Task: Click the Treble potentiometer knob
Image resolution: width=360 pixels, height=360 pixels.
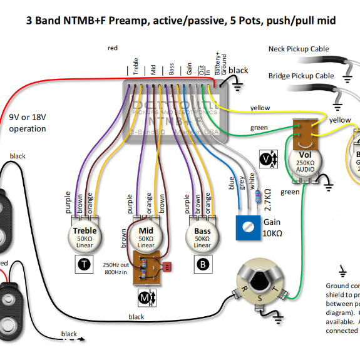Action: click(x=85, y=236)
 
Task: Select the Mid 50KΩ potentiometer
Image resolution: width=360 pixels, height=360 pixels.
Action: click(x=146, y=236)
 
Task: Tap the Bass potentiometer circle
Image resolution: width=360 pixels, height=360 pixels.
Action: click(x=202, y=236)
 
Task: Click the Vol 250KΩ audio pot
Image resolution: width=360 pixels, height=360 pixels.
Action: click(x=305, y=159)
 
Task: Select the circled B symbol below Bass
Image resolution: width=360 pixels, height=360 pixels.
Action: click(x=203, y=264)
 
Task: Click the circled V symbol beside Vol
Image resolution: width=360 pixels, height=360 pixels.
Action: click(x=268, y=159)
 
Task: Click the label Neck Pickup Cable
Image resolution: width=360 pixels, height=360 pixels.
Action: click(x=299, y=49)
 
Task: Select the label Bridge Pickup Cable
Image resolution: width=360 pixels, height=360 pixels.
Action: click(x=301, y=75)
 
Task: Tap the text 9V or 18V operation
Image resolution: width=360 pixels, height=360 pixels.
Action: click(x=28, y=123)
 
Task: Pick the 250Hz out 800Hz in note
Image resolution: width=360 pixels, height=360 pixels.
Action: click(x=116, y=267)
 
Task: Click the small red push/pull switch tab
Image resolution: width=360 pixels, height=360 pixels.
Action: click(x=167, y=267)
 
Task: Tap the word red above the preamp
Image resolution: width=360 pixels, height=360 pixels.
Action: click(x=113, y=48)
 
